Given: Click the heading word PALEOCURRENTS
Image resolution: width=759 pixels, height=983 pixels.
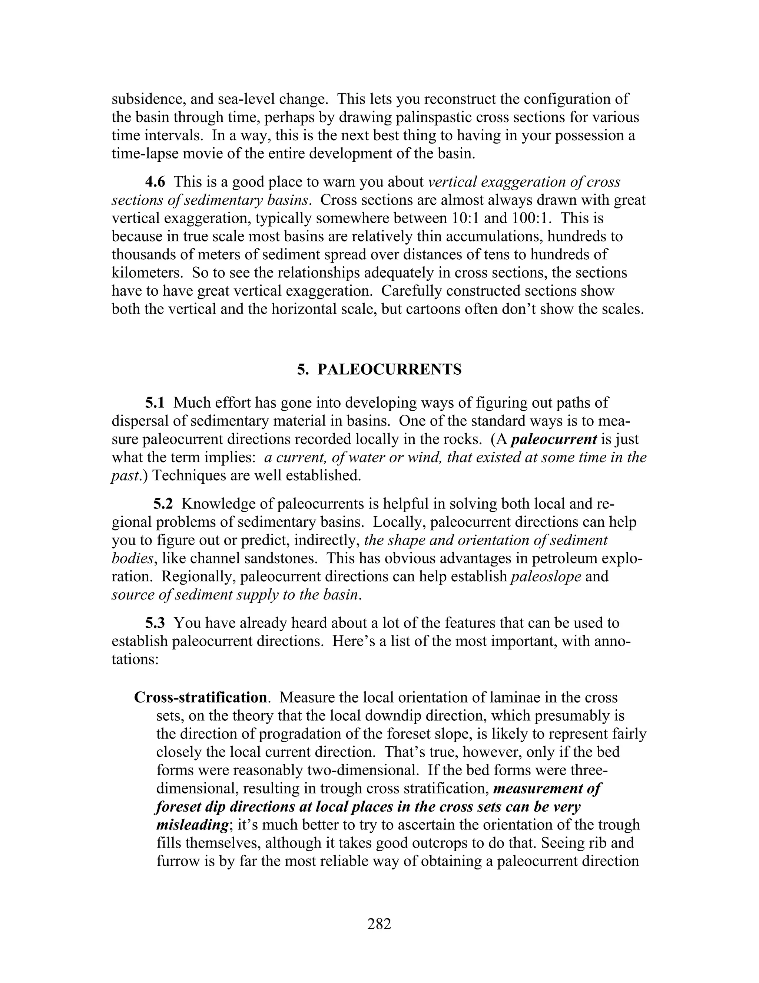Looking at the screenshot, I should [x=390, y=369].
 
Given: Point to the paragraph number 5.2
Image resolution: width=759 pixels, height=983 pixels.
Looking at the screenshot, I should [x=163, y=504].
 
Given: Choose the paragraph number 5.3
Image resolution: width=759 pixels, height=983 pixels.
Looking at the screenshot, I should [x=155, y=623].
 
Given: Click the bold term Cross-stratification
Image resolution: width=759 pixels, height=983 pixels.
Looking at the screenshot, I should [x=201, y=697].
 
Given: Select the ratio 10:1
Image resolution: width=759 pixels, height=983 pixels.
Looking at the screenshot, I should [x=464, y=218].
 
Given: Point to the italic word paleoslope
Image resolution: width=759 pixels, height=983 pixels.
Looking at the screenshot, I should [x=546, y=576].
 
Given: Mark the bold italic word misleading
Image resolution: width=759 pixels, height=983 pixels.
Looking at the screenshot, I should [x=191, y=825].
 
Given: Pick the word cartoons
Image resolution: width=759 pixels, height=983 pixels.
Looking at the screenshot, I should [x=430, y=309].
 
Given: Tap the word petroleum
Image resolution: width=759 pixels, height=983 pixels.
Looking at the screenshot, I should [x=566, y=559].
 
